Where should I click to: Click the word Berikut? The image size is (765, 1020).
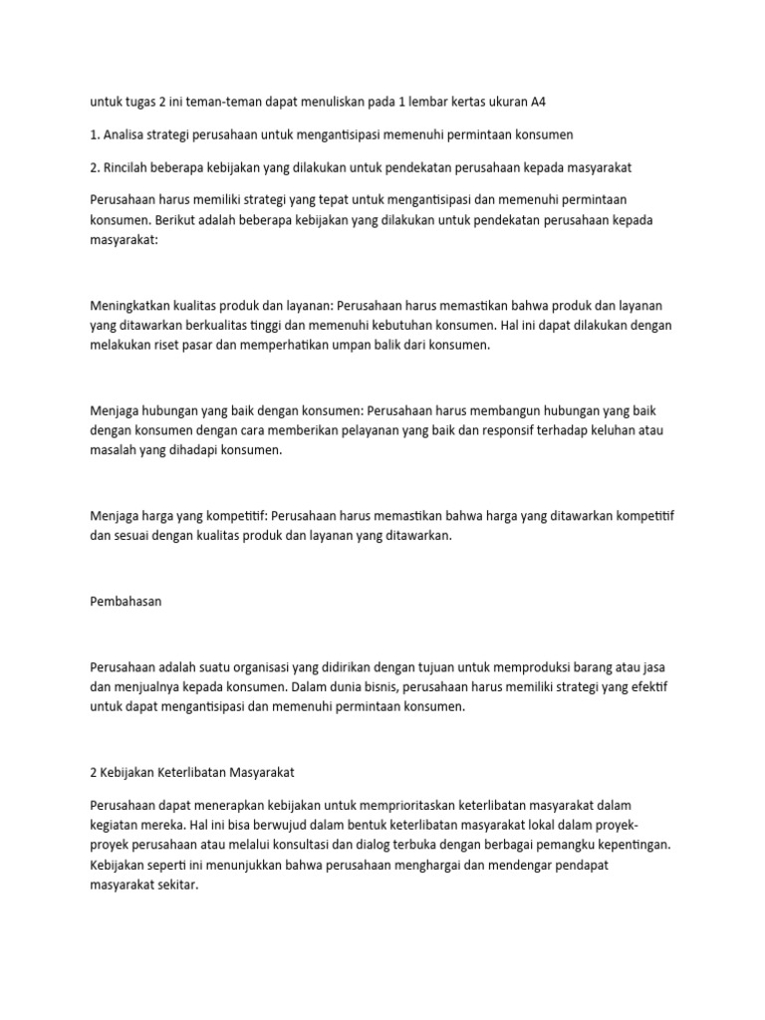pos(190,219)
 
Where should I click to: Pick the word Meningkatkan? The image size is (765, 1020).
pos(133,305)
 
